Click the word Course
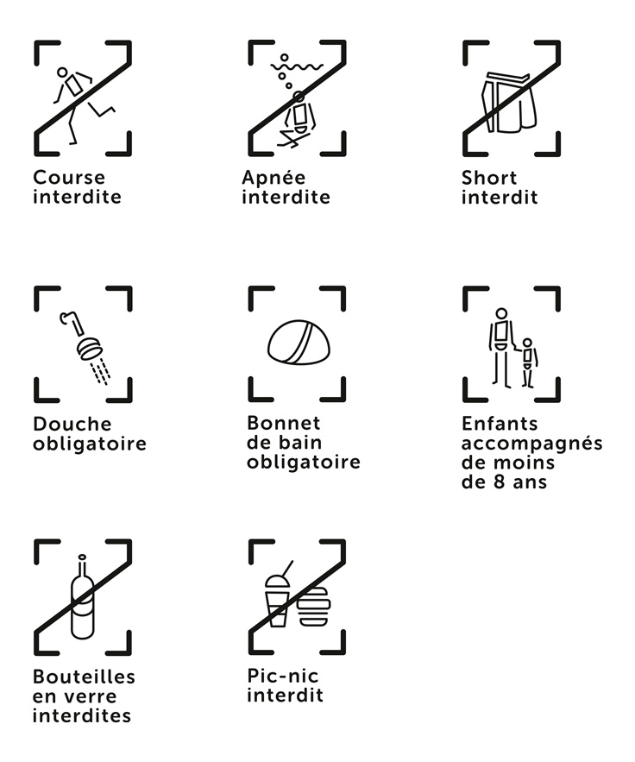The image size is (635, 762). coord(69,178)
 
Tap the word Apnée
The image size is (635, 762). coord(274,178)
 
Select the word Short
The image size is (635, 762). coord(489,178)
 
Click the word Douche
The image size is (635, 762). coord(72,424)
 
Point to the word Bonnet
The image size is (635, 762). coord(284,423)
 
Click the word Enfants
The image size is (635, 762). coord(500,424)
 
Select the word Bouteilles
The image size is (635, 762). coord(84,677)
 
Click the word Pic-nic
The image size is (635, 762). coord(283,676)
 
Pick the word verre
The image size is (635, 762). coord(90,696)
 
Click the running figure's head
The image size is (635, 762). coord(62,72)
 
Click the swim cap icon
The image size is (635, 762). coord(299,342)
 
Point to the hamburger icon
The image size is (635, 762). coord(314,607)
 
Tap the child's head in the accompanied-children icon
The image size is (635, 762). coord(527,343)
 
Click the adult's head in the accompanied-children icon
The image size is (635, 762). coord(502,313)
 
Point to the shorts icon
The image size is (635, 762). coord(509,103)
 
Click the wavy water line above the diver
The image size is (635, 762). coord(297,66)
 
